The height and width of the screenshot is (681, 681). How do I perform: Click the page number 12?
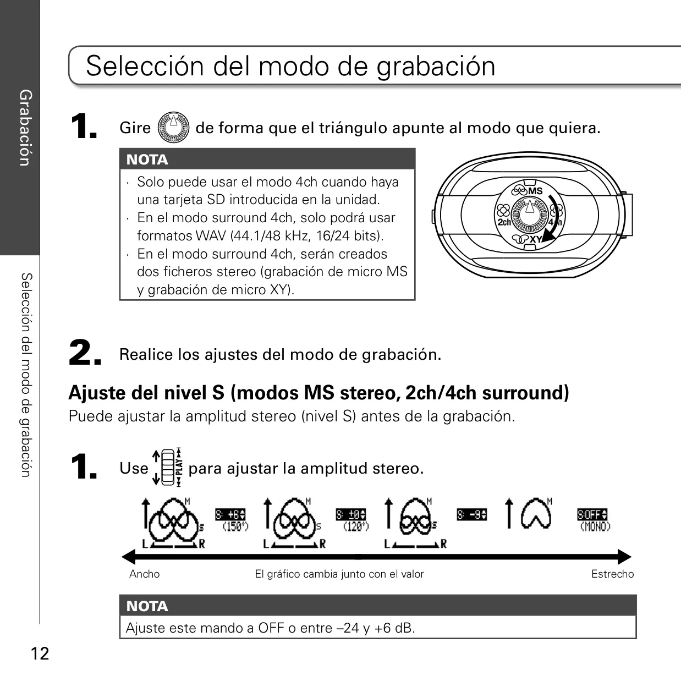pyautogui.click(x=40, y=653)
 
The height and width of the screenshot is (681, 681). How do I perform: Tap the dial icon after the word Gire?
pyautogui.click(x=173, y=127)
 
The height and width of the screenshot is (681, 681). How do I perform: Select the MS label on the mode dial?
pyautogui.click(x=535, y=191)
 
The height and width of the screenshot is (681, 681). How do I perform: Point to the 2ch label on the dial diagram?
pyautogui.click(x=504, y=222)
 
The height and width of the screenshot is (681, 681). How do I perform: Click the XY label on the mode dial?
pyautogui.click(x=536, y=239)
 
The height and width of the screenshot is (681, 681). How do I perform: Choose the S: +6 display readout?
pyautogui.click(x=230, y=514)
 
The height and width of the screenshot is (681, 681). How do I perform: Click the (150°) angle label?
pyautogui.click(x=235, y=526)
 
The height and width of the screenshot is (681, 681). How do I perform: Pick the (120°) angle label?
pyautogui.click(x=356, y=526)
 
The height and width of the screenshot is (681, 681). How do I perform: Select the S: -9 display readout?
pyautogui.click(x=472, y=514)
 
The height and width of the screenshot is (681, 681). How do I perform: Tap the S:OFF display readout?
pyautogui.click(x=592, y=514)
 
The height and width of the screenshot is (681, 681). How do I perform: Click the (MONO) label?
pyautogui.click(x=596, y=526)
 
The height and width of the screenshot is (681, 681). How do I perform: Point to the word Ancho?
pyautogui.click(x=144, y=574)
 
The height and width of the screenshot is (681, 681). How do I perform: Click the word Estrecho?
pyautogui.click(x=612, y=574)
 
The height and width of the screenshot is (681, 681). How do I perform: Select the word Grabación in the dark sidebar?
pyautogui.click(x=25, y=128)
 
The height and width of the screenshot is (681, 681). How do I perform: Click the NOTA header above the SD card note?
pyautogui.click(x=147, y=160)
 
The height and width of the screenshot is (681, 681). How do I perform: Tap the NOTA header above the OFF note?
pyautogui.click(x=147, y=606)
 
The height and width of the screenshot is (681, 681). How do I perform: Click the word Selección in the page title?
pyautogui.click(x=145, y=66)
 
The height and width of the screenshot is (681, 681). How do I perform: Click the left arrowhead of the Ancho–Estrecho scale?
pyautogui.click(x=128, y=557)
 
